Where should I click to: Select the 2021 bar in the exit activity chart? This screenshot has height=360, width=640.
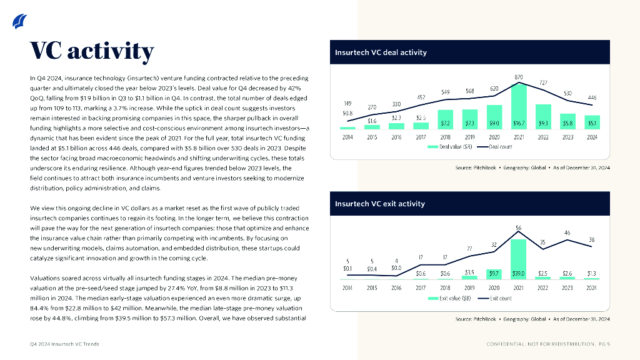tap(518, 256)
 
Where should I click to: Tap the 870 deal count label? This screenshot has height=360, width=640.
tap(519, 77)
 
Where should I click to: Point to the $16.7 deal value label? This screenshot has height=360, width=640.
tap(519, 124)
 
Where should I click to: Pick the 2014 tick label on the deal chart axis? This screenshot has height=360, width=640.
tap(348, 137)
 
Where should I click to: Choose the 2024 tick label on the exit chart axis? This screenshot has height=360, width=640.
tap(591, 287)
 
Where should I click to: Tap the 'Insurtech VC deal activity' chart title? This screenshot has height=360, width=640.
tap(381, 52)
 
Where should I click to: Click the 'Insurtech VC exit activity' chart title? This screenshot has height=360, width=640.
tap(379, 204)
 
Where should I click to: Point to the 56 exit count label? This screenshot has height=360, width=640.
tap(519, 227)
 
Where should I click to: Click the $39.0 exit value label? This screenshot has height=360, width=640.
tap(518, 273)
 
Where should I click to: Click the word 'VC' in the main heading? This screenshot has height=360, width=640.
tap(46, 51)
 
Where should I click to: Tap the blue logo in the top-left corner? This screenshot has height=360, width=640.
tap(19, 22)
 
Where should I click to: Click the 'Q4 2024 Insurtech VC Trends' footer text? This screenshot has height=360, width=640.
tap(64, 344)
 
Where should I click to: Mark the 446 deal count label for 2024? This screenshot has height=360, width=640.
tap(592, 97)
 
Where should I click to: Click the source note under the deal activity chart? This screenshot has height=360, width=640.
tap(532, 168)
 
